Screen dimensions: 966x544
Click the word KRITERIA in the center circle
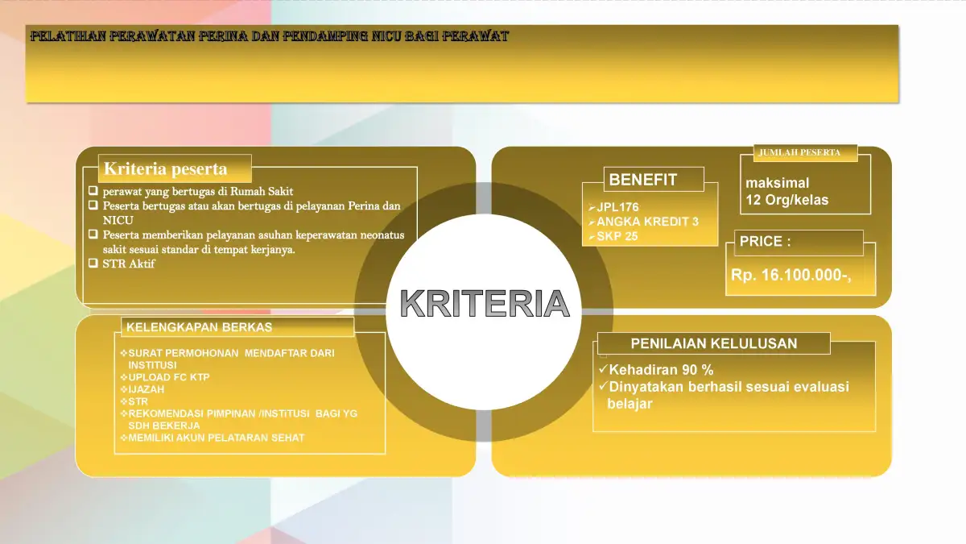485,303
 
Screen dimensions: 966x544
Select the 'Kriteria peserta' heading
166,168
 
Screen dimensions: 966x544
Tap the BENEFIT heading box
654,179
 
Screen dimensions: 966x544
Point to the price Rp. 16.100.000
791,275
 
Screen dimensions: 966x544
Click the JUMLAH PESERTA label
799,152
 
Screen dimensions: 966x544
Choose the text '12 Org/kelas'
787,200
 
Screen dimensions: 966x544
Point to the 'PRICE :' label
765,241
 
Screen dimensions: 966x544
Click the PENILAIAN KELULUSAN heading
714,343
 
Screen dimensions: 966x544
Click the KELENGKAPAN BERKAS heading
200,327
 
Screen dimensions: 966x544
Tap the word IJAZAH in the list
147,389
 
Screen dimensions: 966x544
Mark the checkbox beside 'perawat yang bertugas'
93,190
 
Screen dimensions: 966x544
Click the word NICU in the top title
386,35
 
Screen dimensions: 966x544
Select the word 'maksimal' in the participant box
777,183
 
